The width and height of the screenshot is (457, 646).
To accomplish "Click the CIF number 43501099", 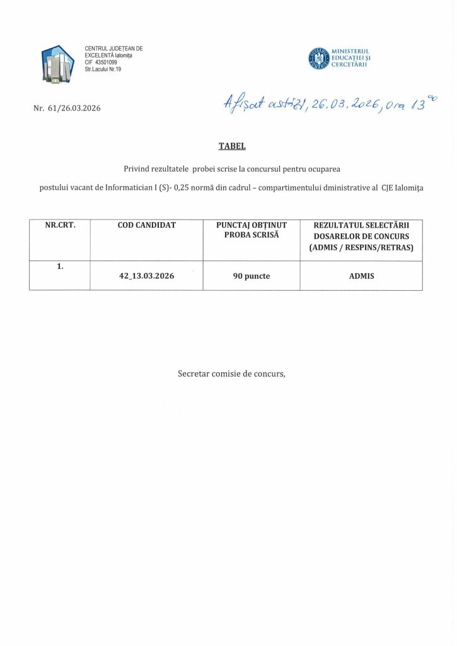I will coord(105,62).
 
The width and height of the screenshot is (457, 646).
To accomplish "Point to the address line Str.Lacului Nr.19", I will coord(107,69).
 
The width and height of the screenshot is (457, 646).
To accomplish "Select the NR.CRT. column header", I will coord(60,224).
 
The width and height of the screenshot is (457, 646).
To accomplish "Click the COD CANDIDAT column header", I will coord(147,224).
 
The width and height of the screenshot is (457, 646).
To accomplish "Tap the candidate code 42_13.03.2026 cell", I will coord(147,276).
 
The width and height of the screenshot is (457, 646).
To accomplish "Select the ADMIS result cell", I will coord(361,276).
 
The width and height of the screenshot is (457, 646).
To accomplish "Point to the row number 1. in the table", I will coord(60,266).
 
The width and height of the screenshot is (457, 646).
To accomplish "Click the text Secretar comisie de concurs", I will coord(232,373).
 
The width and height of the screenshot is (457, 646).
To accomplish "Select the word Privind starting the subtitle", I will coord(138,169).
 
